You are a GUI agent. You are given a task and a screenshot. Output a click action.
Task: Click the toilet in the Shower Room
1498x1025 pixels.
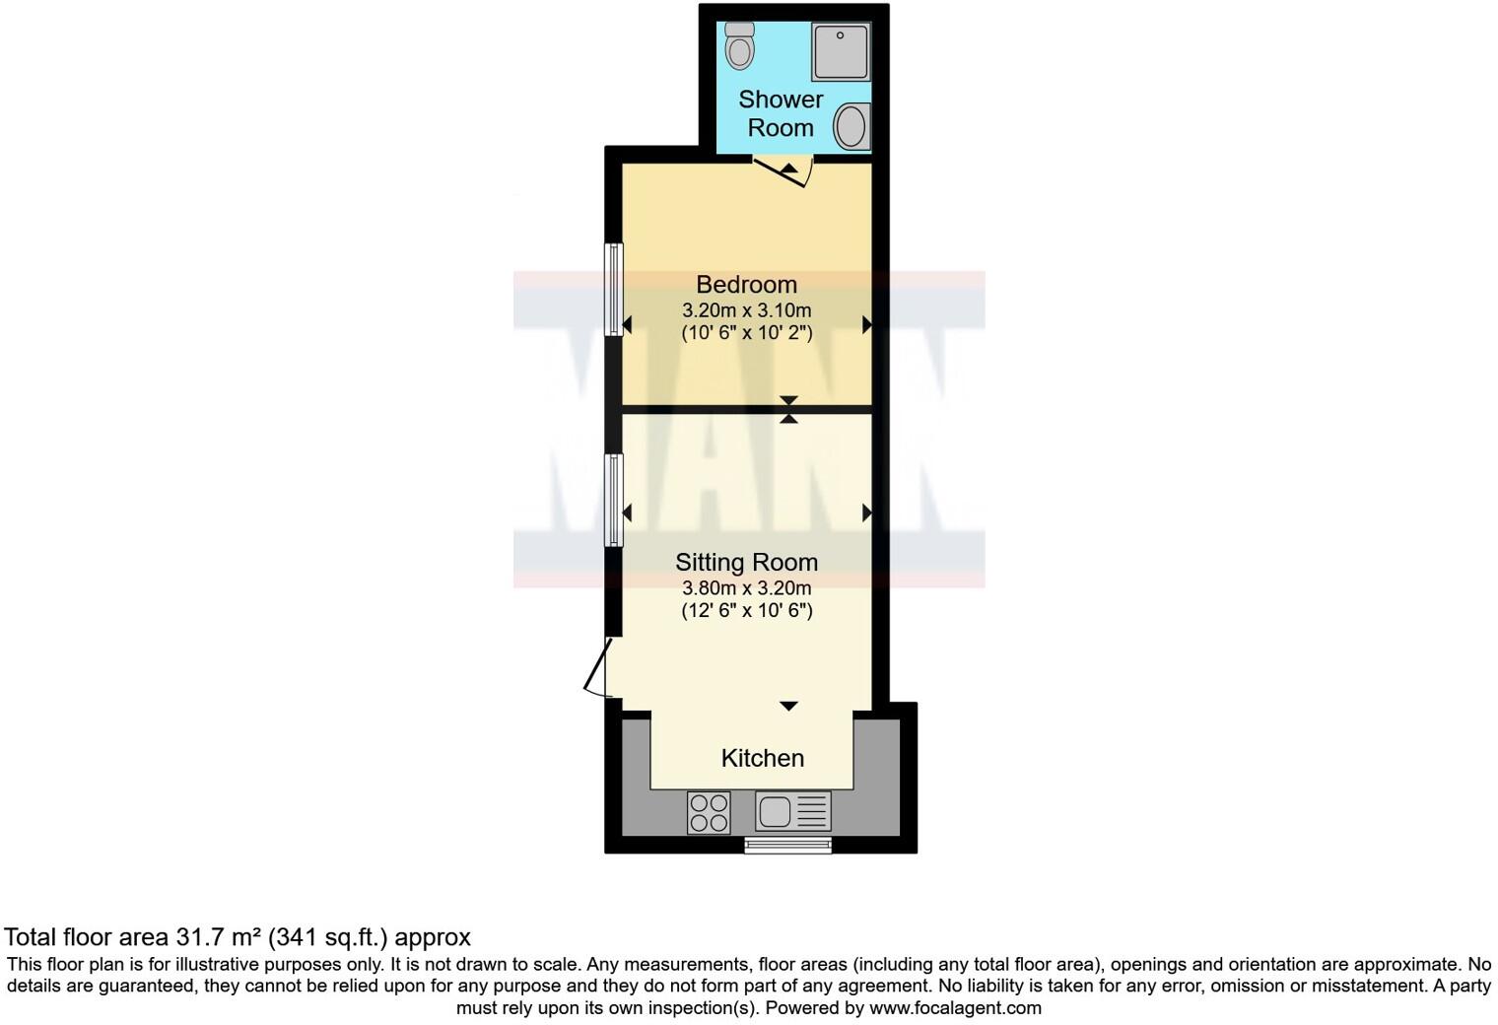[x=739, y=44]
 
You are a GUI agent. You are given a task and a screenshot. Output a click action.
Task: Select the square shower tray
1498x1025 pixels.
[x=841, y=52]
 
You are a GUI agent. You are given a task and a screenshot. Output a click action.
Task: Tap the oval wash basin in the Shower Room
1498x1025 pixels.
[x=851, y=127]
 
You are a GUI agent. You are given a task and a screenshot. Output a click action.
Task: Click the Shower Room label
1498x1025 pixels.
[x=781, y=113]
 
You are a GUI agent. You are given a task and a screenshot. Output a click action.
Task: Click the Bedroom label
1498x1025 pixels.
[x=746, y=285]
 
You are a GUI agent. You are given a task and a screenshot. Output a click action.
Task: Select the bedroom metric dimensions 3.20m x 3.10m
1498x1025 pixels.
[x=746, y=310]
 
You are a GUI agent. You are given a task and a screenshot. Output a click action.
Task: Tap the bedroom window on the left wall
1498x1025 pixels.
[x=614, y=290]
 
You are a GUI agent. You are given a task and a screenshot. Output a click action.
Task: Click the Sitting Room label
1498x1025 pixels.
[x=746, y=563]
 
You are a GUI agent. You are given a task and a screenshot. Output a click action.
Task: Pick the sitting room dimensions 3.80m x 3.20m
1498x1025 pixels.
[x=746, y=588]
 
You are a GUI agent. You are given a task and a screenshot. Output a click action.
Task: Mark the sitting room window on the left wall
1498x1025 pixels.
[x=614, y=499]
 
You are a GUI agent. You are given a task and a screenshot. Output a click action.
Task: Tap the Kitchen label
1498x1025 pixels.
[x=762, y=758]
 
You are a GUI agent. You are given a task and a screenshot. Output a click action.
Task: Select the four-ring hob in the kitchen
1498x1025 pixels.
[x=709, y=813]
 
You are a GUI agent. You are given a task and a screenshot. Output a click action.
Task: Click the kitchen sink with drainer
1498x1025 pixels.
[x=792, y=812]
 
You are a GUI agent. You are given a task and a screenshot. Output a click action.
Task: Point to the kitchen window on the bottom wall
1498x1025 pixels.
[x=787, y=845]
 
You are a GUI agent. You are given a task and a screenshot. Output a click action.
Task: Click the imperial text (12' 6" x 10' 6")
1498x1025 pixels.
[x=746, y=611]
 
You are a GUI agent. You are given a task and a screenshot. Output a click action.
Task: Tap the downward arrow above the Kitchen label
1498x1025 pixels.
[x=788, y=706]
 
